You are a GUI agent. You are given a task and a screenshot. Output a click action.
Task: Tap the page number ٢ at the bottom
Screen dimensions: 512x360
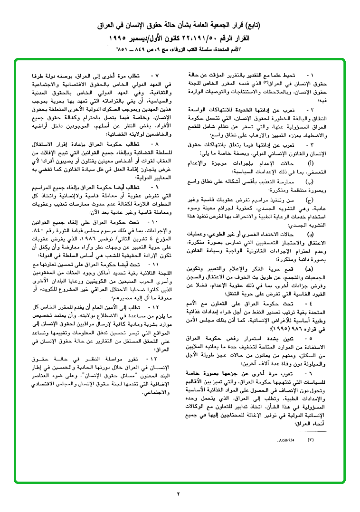pyautogui.click(x=179, y=493)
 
